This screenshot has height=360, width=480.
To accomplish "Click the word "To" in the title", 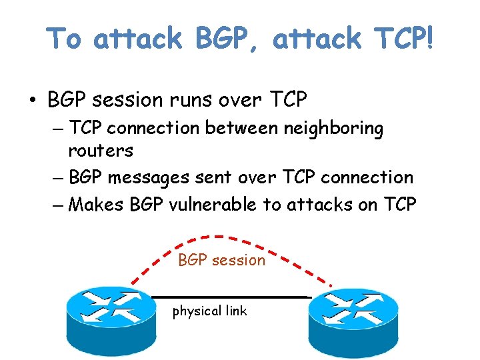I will pyautogui.click(x=65, y=39).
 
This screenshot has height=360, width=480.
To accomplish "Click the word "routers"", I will pyautogui.click(x=101, y=151).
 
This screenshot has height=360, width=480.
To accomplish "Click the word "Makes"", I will pyautogui.click(x=96, y=205).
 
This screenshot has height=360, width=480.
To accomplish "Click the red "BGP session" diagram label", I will pyautogui.click(x=221, y=260).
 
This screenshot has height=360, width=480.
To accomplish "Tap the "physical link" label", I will pyautogui.click(x=209, y=311).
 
